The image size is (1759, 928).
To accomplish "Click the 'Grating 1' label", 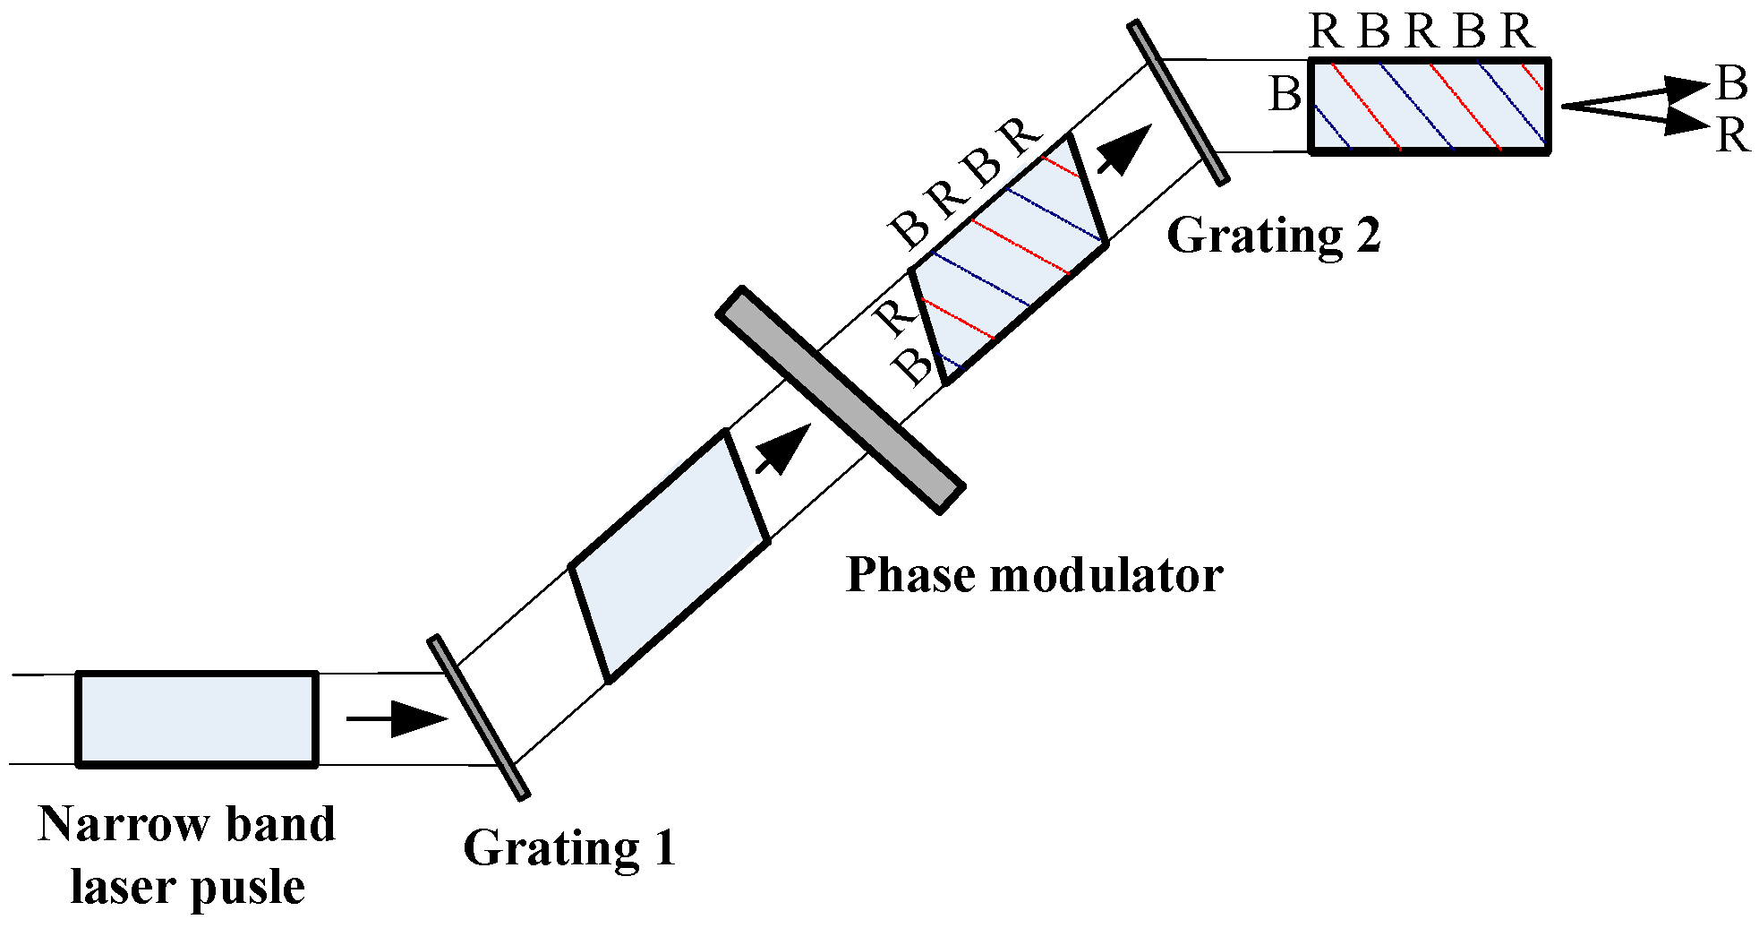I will [x=569, y=847].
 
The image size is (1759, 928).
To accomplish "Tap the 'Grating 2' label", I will [x=1273, y=236].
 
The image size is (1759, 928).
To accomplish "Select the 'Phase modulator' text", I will [x=1034, y=574].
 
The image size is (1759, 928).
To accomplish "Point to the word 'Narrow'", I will [x=111, y=823].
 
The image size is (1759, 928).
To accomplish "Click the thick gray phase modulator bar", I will [x=841, y=400].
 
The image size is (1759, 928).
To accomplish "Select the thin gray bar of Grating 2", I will [x=1177, y=103].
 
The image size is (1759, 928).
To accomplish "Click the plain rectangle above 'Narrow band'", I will [x=197, y=719].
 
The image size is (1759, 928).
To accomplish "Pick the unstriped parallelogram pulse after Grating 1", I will [x=670, y=556].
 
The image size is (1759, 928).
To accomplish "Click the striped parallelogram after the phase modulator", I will [x=1008, y=260].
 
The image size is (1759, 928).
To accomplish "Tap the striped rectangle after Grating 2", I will [x=1430, y=106].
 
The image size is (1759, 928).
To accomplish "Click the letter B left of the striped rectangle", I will [x=1285, y=94].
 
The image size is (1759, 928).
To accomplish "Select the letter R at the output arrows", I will [x=1732, y=136].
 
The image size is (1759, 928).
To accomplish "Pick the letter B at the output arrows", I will [x=1732, y=83].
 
